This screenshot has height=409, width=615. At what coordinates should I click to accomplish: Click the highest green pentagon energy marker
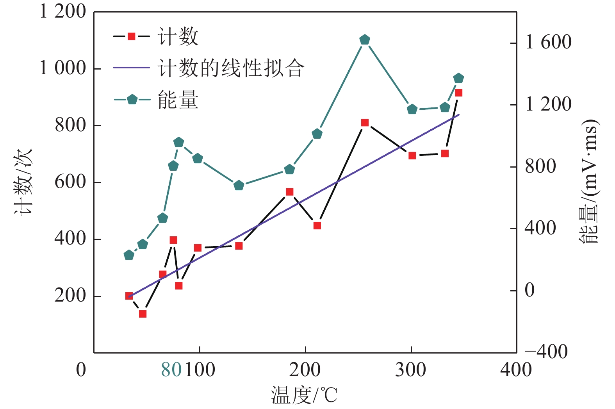pyautogui.click(x=365, y=40)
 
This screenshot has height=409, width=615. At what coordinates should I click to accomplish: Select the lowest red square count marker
pyautogui.click(x=143, y=314)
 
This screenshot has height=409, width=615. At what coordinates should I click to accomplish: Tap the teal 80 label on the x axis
pyautogui.click(x=171, y=370)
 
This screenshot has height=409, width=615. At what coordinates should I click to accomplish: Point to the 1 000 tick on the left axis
pyautogui.click(x=63, y=68)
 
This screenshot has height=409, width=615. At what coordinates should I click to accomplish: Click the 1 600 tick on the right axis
pyautogui.click(x=549, y=42)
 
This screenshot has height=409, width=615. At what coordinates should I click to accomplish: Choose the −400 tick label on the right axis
pyautogui.click(x=546, y=352)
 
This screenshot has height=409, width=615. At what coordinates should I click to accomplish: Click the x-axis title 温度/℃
pyautogui.click(x=304, y=395)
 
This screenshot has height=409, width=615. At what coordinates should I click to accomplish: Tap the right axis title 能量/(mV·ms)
pyautogui.click(x=589, y=182)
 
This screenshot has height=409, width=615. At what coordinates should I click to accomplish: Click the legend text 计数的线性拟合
pyautogui.click(x=231, y=68)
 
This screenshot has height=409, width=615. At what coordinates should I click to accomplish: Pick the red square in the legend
pyautogui.click(x=132, y=36)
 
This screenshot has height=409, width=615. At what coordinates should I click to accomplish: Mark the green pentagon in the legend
pyautogui.click(x=132, y=100)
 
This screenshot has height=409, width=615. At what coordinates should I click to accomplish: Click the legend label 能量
pyautogui.click(x=178, y=100)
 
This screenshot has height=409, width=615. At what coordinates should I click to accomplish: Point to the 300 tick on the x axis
pyautogui.click(x=410, y=370)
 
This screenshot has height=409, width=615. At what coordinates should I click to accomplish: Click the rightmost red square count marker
pyautogui.click(x=458, y=93)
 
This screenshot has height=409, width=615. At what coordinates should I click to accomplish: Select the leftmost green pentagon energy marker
pyautogui.click(x=129, y=255)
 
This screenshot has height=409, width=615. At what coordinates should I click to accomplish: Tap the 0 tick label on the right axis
pyautogui.click(x=529, y=290)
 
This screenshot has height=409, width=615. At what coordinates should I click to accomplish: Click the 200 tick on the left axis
pyautogui.click(x=70, y=296)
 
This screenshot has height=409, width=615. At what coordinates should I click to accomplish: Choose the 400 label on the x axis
pyautogui.click(x=516, y=370)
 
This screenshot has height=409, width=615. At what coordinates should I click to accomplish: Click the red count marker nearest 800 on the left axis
pyautogui.click(x=365, y=123)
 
